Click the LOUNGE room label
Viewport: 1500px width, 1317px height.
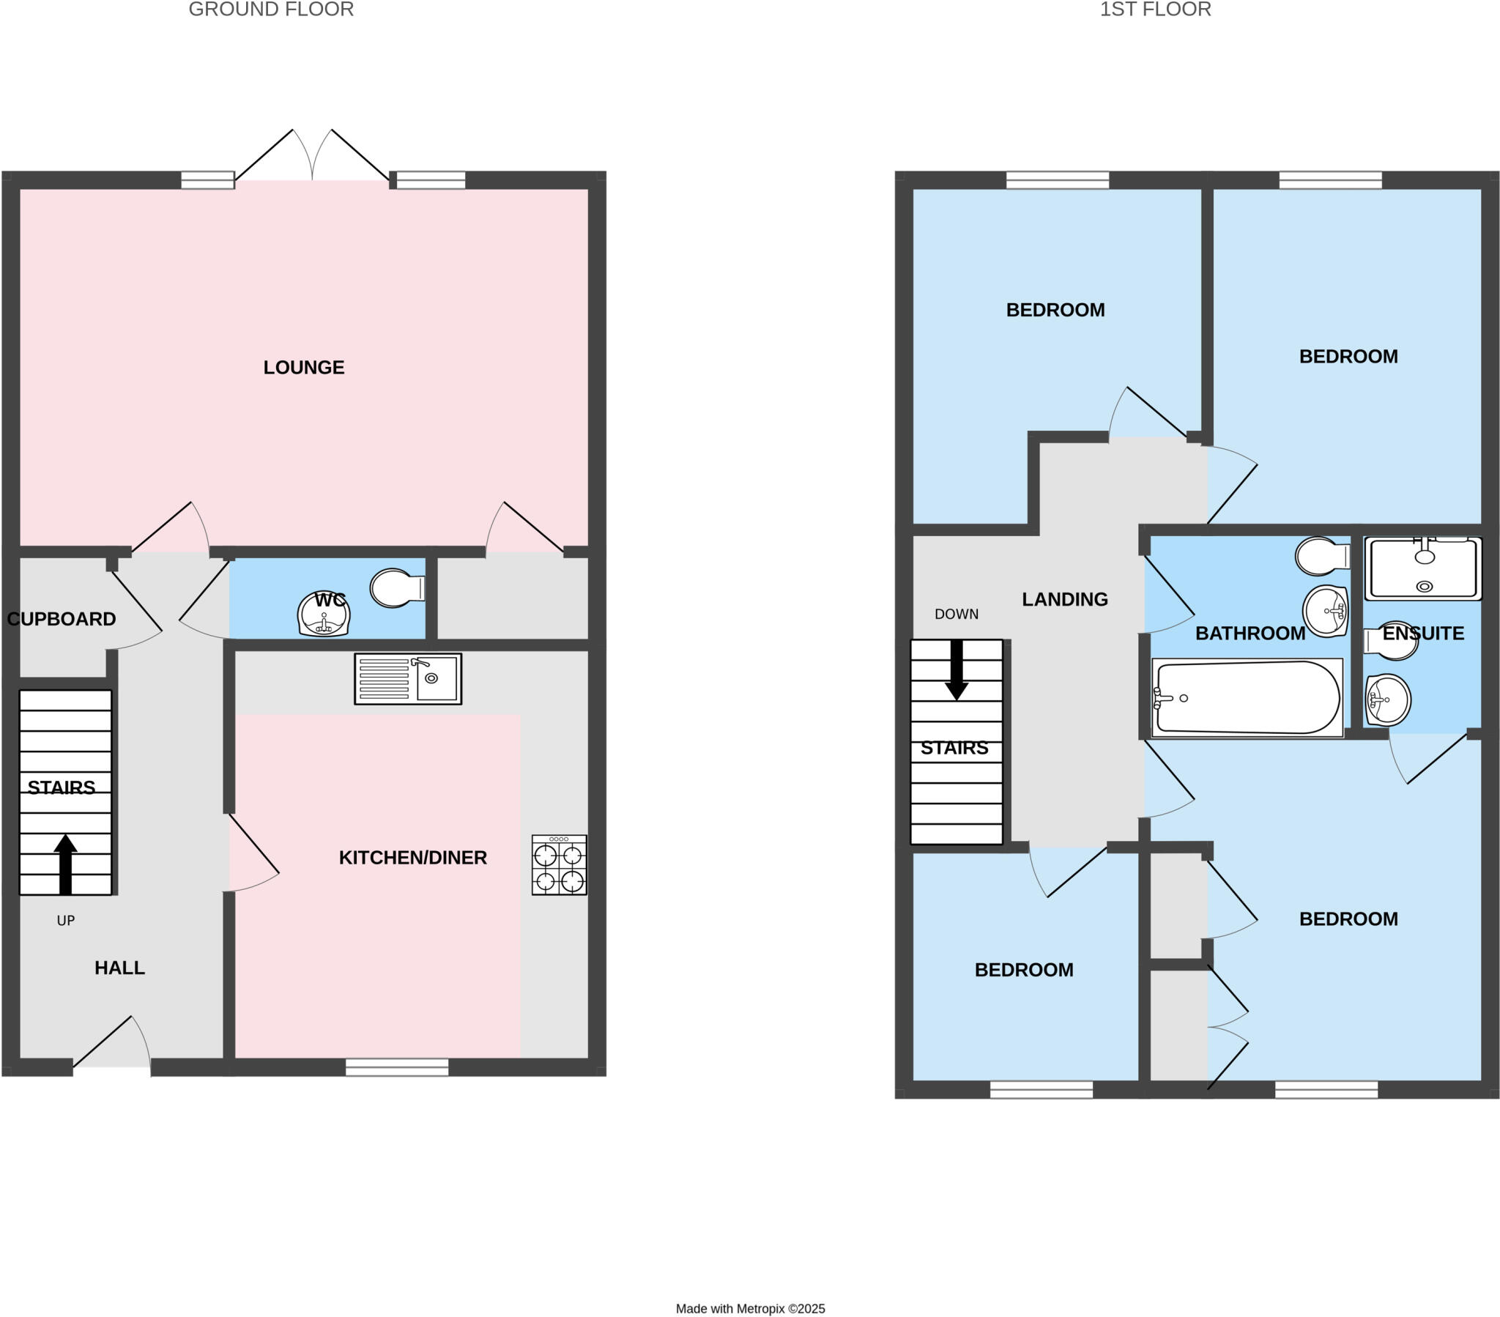pos(304,367)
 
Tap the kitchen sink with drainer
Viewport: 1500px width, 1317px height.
pos(408,678)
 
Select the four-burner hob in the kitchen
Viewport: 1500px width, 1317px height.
pos(559,864)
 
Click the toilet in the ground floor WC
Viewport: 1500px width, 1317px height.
pos(397,588)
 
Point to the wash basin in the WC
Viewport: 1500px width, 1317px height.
pos(324,614)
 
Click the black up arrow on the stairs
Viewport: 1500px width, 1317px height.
pos(65,864)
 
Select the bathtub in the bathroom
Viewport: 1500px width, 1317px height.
pos(1247,697)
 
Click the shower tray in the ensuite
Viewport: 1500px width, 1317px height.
pos(1423,568)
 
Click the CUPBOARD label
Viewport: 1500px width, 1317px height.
pos(62,619)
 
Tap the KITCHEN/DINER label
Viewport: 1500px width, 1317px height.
pos(412,858)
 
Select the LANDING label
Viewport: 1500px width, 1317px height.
pos(1065,599)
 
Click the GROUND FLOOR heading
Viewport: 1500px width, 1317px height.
pos(271,10)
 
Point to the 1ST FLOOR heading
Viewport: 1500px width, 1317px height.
pos(1155,10)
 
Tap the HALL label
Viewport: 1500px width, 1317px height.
pos(119,968)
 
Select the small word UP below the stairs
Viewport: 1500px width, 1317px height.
pos(65,921)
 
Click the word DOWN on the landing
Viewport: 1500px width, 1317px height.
pos(957,614)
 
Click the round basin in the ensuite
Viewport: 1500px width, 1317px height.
pos(1388,700)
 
